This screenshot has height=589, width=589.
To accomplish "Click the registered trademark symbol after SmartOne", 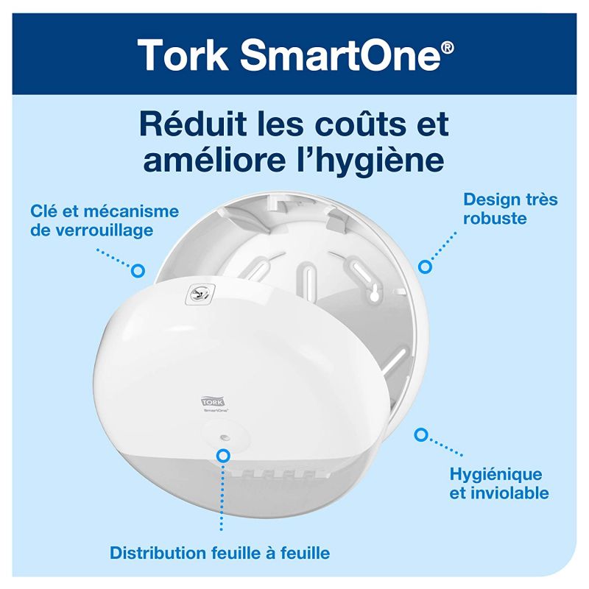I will click(x=445, y=46).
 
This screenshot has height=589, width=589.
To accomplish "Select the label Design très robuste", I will click(x=510, y=209).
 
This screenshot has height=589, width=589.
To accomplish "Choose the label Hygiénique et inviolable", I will click(x=497, y=482).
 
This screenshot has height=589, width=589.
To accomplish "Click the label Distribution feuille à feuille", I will click(x=219, y=551).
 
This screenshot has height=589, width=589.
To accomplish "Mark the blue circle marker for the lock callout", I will click(x=137, y=271).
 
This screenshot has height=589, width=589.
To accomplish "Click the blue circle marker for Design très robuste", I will click(x=425, y=265).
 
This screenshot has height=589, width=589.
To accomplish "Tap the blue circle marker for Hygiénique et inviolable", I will click(x=420, y=434).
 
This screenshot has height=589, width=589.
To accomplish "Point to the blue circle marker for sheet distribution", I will click(x=220, y=456).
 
